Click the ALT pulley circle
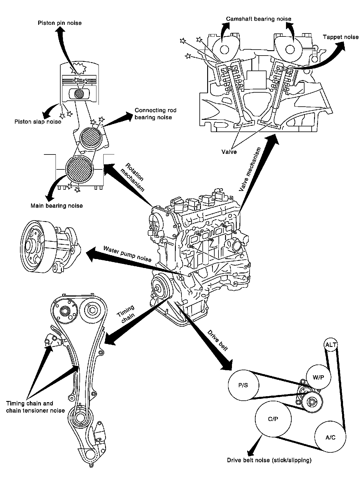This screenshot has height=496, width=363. pyautogui.click(x=331, y=345)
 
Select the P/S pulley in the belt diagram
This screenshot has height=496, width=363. pyautogui.click(x=243, y=385)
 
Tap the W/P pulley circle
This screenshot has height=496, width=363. pyautogui.click(x=319, y=377)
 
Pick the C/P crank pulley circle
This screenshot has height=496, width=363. pyautogui.click(x=273, y=419)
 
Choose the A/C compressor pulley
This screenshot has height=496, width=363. pyautogui.click(x=330, y=437)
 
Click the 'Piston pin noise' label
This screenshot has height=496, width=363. pyautogui.click(x=60, y=23)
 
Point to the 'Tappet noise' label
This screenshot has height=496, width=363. pyautogui.click(x=341, y=37)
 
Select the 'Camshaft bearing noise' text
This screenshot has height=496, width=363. pyautogui.click(x=259, y=19)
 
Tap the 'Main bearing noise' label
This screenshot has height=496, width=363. pyautogui.click(x=57, y=206)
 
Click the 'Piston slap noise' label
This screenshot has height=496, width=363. pyautogui.click(x=38, y=122)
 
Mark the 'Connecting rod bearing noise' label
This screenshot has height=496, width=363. pyautogui.click(x=156, y=114)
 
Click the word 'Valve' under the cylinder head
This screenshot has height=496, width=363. pyautogui.click(x=229, y=152)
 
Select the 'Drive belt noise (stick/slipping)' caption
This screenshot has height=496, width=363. pyautogui.click(x=269, y=460)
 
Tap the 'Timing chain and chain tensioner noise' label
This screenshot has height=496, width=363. pyautogui.click(x=36, y=407)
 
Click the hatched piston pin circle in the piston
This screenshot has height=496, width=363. pyautogui.click(x=79, y=94)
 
